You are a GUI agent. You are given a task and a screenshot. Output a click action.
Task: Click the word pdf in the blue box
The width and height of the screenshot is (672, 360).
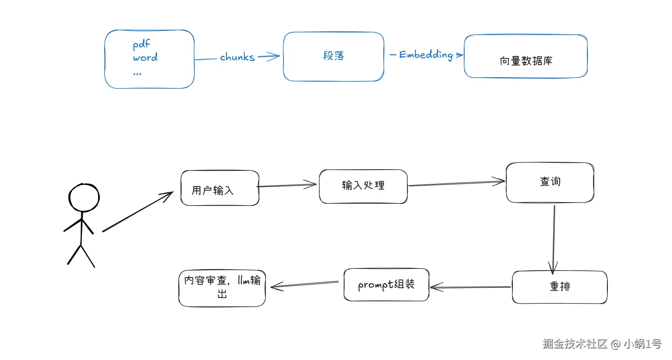coord(141,44)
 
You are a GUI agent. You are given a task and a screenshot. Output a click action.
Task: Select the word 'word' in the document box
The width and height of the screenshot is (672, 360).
coord(145,58)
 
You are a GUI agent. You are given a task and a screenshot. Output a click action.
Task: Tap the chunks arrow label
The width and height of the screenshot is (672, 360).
coord(237,57)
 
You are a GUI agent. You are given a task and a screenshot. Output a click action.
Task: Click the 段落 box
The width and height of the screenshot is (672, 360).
coord(333,56)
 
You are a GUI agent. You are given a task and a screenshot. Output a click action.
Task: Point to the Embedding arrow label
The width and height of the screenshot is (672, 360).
coord(426,55)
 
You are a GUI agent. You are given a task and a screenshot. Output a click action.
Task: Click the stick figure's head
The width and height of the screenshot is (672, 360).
coord(84,198)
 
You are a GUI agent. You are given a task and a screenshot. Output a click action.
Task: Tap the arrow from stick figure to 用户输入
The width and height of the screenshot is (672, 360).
coord(138,212)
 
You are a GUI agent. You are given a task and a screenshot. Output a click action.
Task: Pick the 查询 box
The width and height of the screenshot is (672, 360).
coord(550,183)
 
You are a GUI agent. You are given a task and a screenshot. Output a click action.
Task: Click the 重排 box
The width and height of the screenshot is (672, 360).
coord(560,287)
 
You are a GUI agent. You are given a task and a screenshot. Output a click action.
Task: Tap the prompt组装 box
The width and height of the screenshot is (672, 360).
coord(386,285)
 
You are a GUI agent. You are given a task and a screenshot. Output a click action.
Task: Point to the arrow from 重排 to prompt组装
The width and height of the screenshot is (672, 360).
coord(471,287)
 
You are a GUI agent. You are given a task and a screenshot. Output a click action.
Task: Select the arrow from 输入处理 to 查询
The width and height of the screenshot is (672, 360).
coord(456,183)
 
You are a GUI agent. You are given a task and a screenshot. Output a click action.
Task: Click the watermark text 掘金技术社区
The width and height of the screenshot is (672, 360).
coord(575,344)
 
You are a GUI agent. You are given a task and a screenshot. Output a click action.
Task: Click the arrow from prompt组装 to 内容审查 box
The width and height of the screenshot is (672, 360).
coord(305,285)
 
